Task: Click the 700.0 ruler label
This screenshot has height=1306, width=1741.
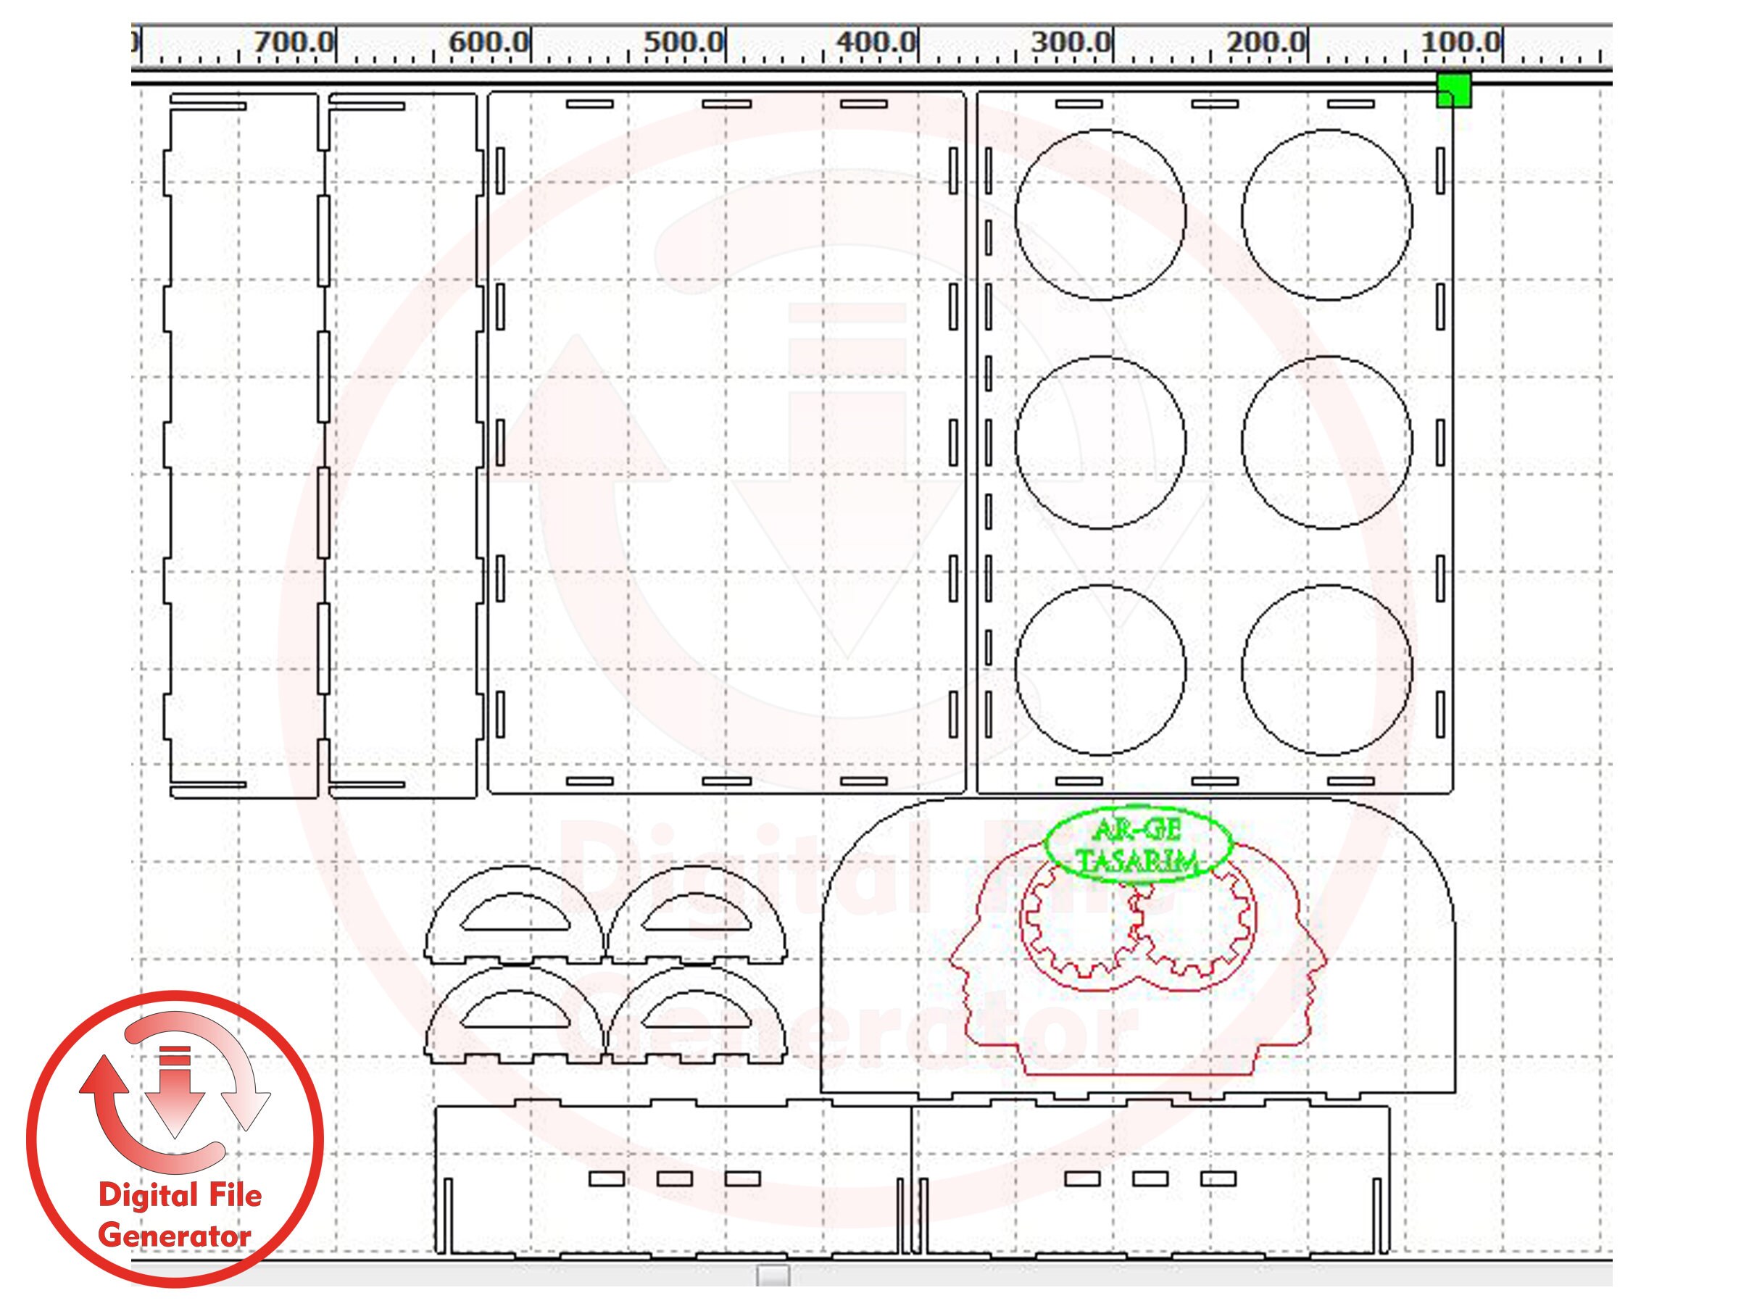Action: point(294,42)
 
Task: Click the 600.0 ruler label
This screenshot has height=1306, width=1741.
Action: point(489,42)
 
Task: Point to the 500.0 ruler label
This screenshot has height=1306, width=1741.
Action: point(684,42)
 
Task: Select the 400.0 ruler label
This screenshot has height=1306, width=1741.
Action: point(877,42)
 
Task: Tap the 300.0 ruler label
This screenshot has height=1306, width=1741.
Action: point(1072,42)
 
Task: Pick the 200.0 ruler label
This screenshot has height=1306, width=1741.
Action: point(1266,42)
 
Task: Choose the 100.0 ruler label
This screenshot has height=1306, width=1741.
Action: point(1460,42)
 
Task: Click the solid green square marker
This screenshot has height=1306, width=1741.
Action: point(1454,91)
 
